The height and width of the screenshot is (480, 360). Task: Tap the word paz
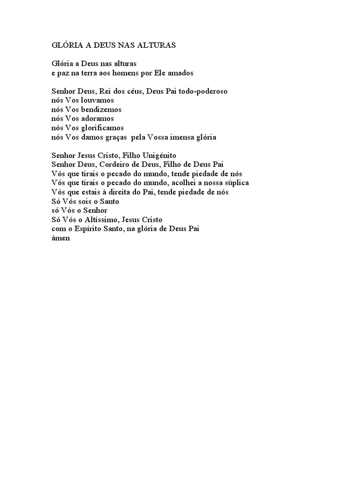tap(63, 74)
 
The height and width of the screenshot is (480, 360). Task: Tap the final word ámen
tap(60, 238)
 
